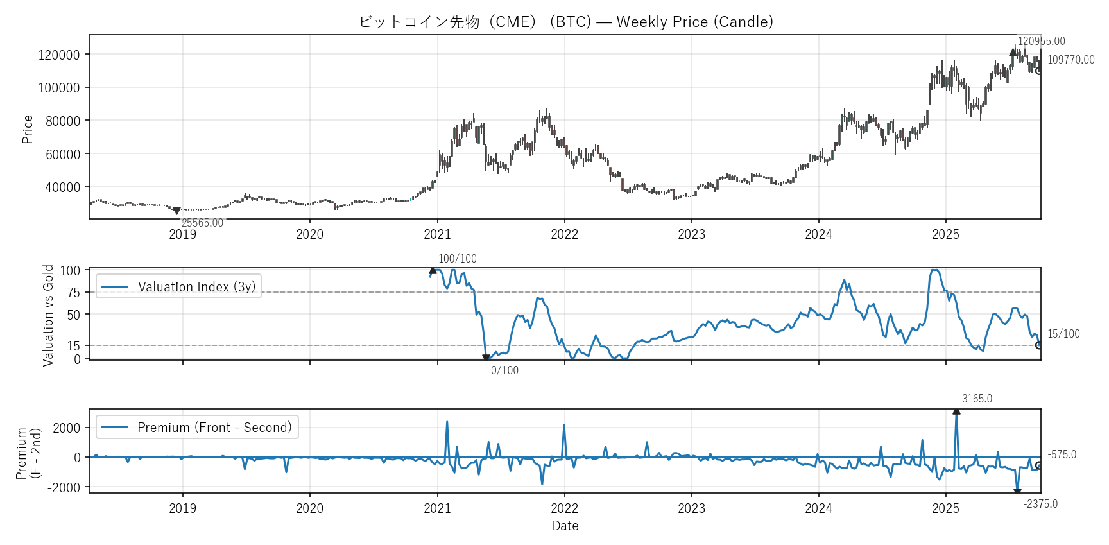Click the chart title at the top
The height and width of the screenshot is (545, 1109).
pos(565,22)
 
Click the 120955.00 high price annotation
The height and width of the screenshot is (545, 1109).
pos(1041,41)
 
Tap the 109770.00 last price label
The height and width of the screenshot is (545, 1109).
pos(1070,60)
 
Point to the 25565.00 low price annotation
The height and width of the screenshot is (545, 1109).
pos(202,223)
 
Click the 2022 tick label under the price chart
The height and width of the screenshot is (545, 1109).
pos(564,234)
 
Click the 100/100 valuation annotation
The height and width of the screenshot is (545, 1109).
pos(457,259)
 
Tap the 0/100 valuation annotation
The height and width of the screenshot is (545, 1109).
pos(504,370)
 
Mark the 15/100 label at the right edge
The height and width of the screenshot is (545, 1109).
pos(1063,334)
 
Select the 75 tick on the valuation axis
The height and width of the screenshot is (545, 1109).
pos(74,293)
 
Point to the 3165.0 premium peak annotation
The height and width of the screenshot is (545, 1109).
pos(976,399)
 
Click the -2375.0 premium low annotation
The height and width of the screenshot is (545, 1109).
pos(1040,504)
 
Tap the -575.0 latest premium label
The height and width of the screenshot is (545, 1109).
pos(1062,454)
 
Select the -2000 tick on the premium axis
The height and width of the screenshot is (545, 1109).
pos(64,488)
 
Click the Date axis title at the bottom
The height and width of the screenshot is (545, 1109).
pos(565,526)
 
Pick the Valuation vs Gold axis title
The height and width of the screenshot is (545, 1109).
pos(48,315)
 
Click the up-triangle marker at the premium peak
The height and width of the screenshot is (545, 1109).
pos(956,411)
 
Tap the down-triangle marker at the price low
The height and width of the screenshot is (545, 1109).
pos(176,211)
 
